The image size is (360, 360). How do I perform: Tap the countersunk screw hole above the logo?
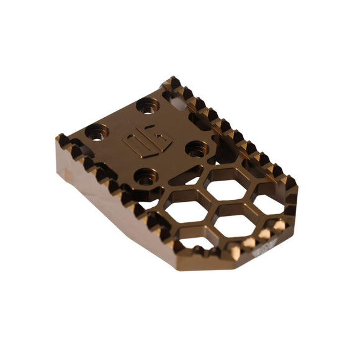(x=148, y=105)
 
